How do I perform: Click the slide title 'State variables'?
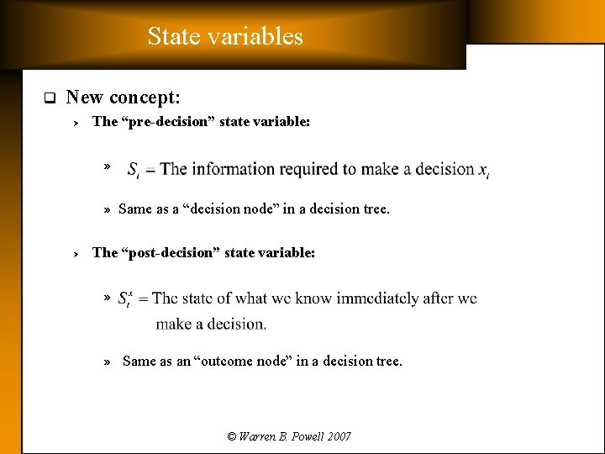[x=225, y=36]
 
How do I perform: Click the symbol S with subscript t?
[x=134, y=171]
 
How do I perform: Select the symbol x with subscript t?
[x=483, y=171]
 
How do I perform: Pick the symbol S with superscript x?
[x=124, y=298]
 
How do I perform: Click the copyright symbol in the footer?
[x=232, y=436]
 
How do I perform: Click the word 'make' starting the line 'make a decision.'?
[x=174, y=324]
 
